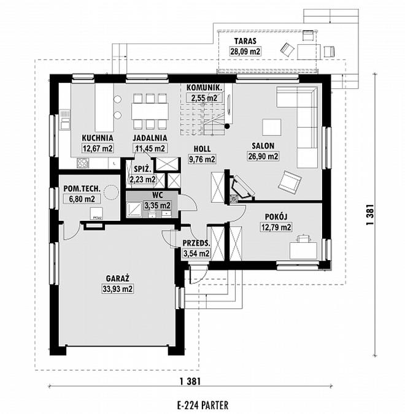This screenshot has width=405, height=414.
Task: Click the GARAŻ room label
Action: click(x=118, y=278)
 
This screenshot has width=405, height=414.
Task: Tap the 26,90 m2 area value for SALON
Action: click(x=263, y=156)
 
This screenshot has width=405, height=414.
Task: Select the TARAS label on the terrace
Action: click(x=245, y=41)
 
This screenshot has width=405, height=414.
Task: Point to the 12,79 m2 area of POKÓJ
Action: click(x=276, y=227)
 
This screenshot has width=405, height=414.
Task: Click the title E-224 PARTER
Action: click(x=202, y=405)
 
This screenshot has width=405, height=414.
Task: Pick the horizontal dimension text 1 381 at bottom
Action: click(x=190, y=381)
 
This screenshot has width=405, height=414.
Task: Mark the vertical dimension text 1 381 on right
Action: click(x=370, y=215)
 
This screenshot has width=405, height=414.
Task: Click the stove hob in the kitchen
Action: click(x=82, y=163)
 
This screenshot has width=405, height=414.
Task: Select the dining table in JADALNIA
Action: click(x=150, y=111)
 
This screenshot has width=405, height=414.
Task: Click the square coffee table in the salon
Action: click(x=272, y=127)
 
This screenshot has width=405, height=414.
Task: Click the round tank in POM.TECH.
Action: click(x=110, y=191)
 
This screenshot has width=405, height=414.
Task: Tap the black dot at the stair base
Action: click(x=227, y=126)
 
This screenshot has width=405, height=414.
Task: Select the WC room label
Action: click(x=158, y=196)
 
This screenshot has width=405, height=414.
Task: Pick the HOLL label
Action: click(x=202, y=148)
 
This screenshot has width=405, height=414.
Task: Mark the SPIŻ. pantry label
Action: click(x=142, y=169)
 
